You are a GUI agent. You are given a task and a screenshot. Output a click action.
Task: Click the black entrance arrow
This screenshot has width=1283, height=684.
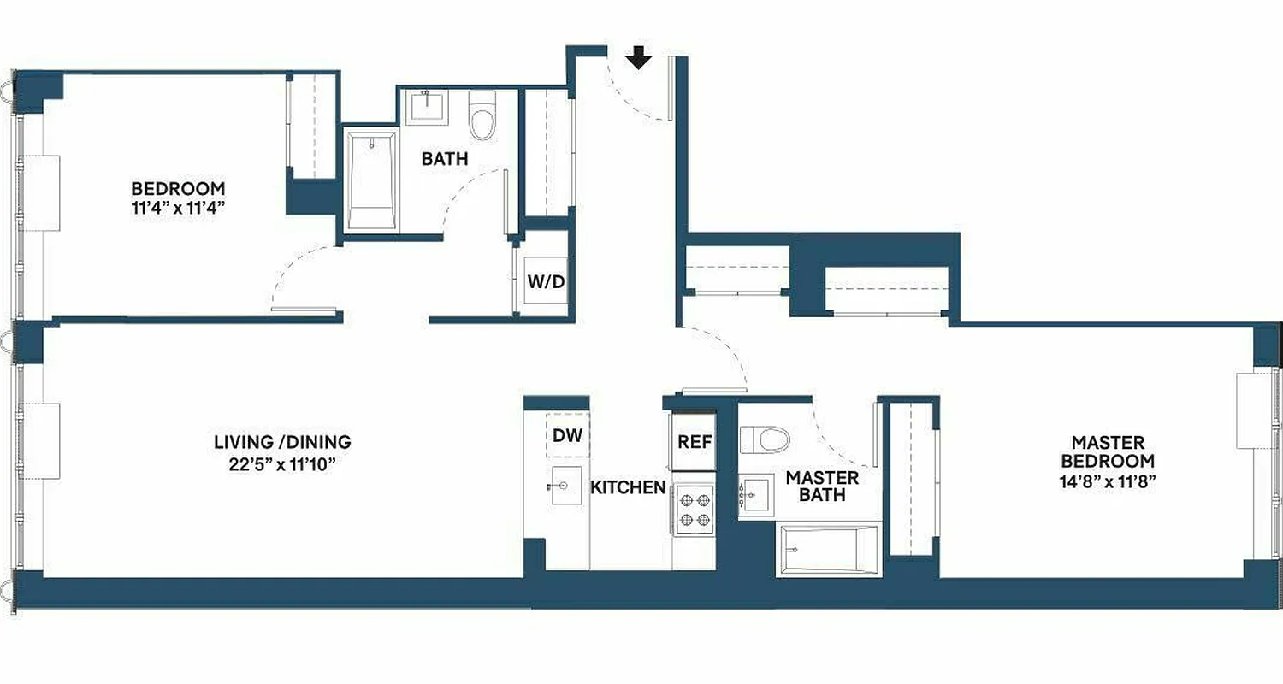pyautogui.click(x=638, y=58)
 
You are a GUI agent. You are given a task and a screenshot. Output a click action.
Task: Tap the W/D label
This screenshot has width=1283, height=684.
pyautogui.click(x=546, y=282)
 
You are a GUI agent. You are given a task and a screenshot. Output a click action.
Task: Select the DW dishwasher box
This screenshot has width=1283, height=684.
pyautogui.click(x=567, y=435)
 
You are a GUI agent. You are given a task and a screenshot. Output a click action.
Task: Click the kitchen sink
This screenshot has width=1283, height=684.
pyautogui.click(x=566, y=486)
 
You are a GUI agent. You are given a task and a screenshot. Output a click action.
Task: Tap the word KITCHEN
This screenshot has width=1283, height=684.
pyautogui.click(x=628, y=487)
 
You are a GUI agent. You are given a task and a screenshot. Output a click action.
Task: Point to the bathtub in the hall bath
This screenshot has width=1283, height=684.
pyautogui.click(x=373, y=180)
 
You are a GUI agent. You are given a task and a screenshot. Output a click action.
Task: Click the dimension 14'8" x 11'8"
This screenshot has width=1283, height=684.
pyautogui.click(x=1108, y=481)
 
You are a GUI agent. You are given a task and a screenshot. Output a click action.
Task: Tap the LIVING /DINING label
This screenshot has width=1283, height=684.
pyautogui.click(x=282, y=442)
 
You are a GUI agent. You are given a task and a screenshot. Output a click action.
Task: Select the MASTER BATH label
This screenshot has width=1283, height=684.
pyautogui.click(x=822, y=486)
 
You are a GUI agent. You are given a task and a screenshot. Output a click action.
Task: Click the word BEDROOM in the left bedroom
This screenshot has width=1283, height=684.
pyautogui.click(x=178, y=187)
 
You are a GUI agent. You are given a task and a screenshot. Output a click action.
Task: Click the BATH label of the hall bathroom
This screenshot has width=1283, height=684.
pyautogui.click(x=445, y=158)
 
